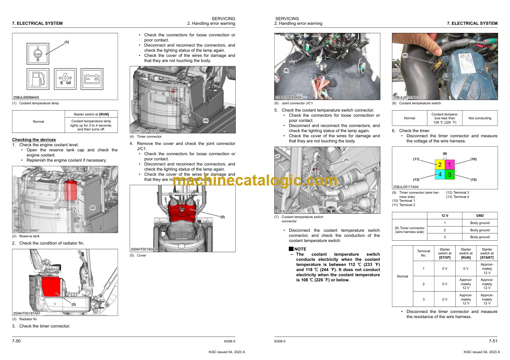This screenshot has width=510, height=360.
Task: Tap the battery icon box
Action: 92,79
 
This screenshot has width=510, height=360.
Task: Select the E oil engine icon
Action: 65,79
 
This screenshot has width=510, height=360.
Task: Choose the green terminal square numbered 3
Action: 449,174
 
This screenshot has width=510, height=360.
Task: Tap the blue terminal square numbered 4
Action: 439,174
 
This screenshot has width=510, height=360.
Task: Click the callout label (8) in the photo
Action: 405,55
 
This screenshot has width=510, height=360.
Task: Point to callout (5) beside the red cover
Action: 222,217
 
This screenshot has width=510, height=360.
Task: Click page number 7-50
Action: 17,341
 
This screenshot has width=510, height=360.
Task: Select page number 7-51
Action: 493,341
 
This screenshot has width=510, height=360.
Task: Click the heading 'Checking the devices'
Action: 34,140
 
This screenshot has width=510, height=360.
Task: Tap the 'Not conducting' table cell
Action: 480,118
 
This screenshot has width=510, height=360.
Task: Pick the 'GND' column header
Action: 480,215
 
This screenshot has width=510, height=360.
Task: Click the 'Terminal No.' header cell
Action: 424,253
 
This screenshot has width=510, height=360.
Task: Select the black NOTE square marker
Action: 291,249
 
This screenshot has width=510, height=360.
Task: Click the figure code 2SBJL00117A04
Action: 406,187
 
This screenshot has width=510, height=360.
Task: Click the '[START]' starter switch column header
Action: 487,253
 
